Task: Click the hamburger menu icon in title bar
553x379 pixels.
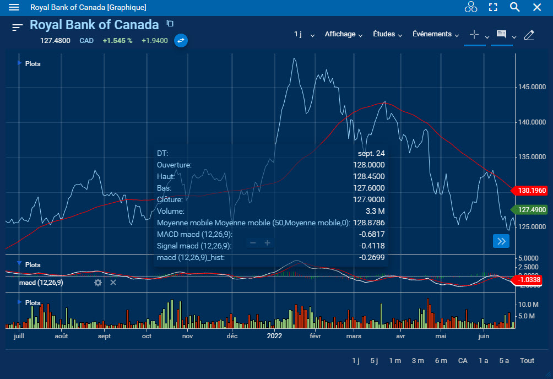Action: pyautogui.click(x=14, y=7)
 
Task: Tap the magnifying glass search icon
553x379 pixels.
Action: pyautogui.click(x=514, y=7)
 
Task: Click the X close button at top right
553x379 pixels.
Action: pyautogui.click(x=537, y=7)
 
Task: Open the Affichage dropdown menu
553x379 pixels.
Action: pyautogui.click(x=344, y=34)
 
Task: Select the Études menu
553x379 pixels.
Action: pyautogui.click(x=388, y=34)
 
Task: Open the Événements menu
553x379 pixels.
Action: pyautogui.click(x=436, y=34)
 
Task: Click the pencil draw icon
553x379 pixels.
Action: pyautogui.click(x=529, y=35)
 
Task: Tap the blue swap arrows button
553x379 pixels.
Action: pyautogui.click(x=181, y=40)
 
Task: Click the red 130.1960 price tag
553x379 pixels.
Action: pyautogui.click(x=532, y=191)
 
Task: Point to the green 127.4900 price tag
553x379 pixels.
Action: pyautogui.click(x=532, y=209)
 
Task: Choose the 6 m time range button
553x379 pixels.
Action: pyautogui.click(x=441, y=360)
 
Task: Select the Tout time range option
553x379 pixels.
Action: pyautogui.click(x=527, y=360)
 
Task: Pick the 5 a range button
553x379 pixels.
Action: pyautogui.click(x=504, y=360)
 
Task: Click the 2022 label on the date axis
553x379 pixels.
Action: pyautogui.click(x=274, y=335)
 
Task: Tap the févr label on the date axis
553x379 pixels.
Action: pyautogui.click(x=315, y=335)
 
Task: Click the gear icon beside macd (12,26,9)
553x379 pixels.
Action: pyautogui.click(x=98, y=283)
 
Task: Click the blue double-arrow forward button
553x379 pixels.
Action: pyautogui.click(x=501, y=241)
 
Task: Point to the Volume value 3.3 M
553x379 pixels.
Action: pyautogui.click(x=376, y=211)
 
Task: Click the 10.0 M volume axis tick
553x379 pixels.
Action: pyautogui.click(x=527, y=304)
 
